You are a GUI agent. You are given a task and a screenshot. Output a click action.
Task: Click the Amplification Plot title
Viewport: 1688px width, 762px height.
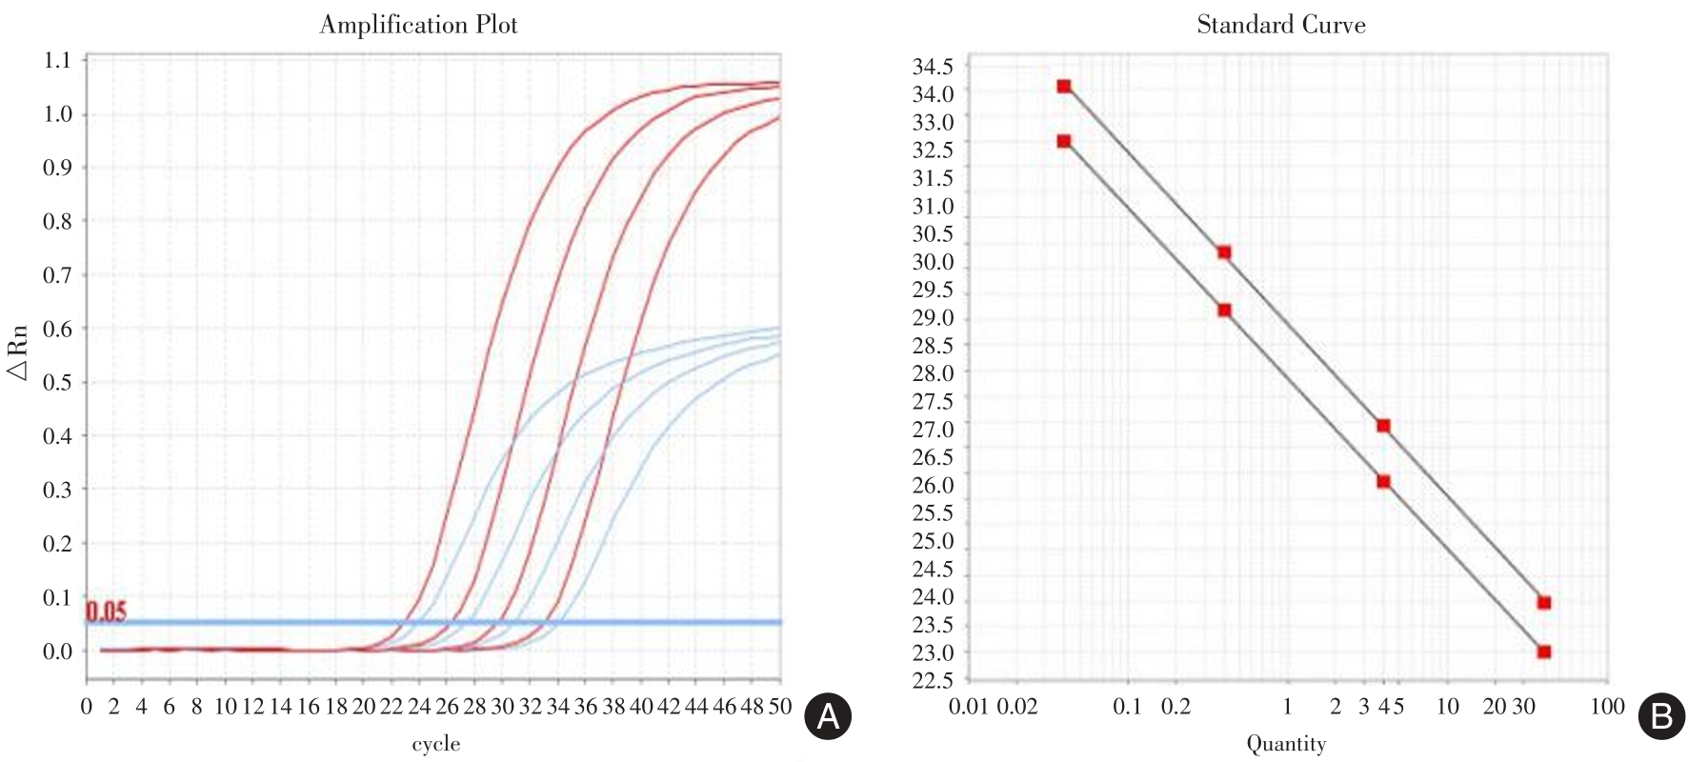(x=418, y=25)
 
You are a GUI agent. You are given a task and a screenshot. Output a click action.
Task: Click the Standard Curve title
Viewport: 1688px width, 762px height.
(x=1280, y=25)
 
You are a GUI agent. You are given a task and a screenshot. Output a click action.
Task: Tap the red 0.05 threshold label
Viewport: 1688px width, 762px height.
(x=106, y=612)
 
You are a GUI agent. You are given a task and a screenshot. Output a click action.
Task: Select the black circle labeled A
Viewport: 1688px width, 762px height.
(x=828, y=716)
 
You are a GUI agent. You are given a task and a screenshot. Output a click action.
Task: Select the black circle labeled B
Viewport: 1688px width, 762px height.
(x=1661, y=716)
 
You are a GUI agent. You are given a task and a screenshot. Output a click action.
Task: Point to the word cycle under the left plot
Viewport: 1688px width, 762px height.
(x=435, y=744)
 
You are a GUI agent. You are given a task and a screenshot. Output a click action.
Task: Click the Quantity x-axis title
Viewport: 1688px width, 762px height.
(x=1286, y=744)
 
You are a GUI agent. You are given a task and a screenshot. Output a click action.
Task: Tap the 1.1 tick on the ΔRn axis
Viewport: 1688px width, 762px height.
(x=57, y=61)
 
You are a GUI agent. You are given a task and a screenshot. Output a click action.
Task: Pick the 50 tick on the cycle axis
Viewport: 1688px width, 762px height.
(x=779, y=707)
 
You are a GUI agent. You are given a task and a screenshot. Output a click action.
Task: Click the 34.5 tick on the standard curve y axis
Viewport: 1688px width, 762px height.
(x=933, y=67)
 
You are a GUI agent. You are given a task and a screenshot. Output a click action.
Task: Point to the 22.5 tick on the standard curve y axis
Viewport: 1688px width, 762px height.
(x=933, y=680)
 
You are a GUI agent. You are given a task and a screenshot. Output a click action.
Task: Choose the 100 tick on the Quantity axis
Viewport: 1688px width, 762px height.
(x=1607, y=707)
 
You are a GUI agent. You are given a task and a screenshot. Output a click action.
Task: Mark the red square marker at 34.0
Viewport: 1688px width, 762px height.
(x=1064, y=87)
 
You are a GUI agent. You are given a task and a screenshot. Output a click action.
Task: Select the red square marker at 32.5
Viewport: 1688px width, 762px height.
(x=1064, y=141)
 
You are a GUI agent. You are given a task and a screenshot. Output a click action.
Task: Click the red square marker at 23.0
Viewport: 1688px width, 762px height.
(x=1544, y=652)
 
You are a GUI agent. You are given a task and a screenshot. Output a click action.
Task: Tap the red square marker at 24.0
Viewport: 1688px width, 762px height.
(x=1544, y=603)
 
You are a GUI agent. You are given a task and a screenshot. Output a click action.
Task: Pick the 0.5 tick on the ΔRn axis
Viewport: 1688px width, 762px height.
(x=57, y=383)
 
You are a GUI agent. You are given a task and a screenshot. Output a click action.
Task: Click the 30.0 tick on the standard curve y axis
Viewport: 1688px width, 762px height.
(x=933, y=262)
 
